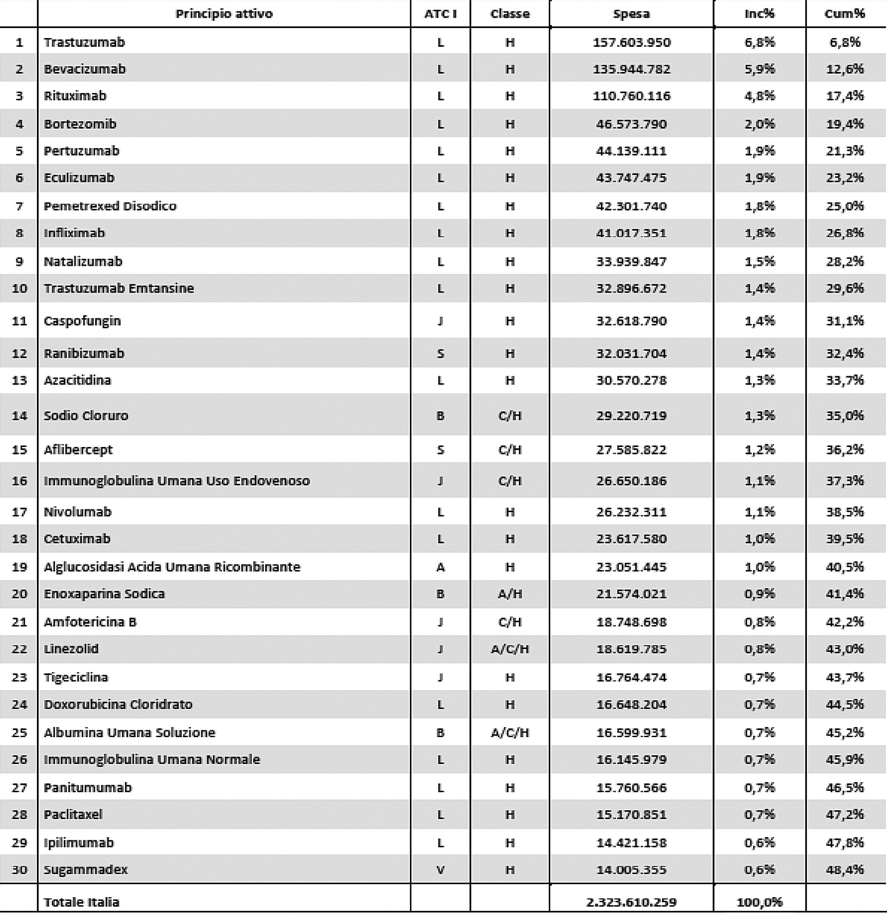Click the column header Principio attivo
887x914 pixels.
coord(224,14)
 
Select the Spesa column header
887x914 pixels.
coord(631,14)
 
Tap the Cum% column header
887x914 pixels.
coord(844,14)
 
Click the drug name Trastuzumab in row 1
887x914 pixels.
coord(84,43)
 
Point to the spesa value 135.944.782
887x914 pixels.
coord(631,69)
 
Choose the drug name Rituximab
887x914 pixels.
coord(75,96)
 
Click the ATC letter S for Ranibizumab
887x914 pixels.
coord(440,354)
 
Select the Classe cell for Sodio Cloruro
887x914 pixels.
coord(509,416)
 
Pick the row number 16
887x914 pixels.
coord(19,481)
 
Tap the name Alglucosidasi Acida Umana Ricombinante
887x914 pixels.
coord(172,567)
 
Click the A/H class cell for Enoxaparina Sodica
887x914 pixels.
coord(509,594)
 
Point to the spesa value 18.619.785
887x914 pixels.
coord(631,649)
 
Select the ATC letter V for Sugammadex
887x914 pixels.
coord(440,870)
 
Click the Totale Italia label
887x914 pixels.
coord(81,902)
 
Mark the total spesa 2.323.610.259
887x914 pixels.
coord(631,902)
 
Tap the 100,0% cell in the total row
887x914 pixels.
coord(759,902)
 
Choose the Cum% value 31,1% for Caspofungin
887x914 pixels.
coord(844,321)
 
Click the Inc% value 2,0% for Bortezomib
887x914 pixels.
coord(759,124)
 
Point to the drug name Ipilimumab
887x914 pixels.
coord(79,843)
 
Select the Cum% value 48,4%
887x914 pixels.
coord(844,870)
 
